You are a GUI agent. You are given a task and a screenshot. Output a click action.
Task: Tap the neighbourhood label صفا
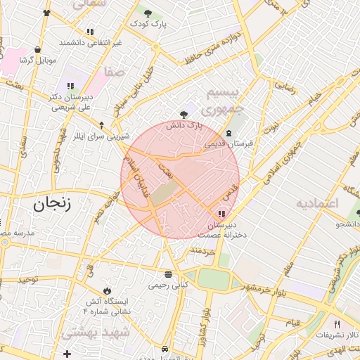113,72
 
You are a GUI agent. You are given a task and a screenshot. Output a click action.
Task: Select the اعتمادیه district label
317,203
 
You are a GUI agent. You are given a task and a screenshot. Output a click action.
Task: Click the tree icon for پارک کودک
148,13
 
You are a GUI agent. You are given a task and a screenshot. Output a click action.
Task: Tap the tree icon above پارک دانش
184,114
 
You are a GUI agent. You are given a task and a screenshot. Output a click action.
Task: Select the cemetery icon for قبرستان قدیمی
228,133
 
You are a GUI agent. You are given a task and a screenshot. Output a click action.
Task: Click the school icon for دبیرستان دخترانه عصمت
222,214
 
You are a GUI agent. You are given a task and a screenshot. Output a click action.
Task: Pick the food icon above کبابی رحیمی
167,275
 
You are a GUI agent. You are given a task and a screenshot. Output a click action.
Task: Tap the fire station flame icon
106,290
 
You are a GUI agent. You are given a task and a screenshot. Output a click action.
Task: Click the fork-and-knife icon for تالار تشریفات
337,323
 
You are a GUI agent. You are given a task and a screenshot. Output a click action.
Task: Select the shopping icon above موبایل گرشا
37,49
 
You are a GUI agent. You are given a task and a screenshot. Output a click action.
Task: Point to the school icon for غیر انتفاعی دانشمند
90,32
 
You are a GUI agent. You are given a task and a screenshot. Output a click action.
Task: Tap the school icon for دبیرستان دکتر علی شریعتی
69,86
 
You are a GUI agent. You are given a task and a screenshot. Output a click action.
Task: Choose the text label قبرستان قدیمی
229,143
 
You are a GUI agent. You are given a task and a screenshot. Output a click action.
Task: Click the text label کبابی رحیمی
168,286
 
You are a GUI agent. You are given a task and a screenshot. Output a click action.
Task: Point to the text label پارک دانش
184,125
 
